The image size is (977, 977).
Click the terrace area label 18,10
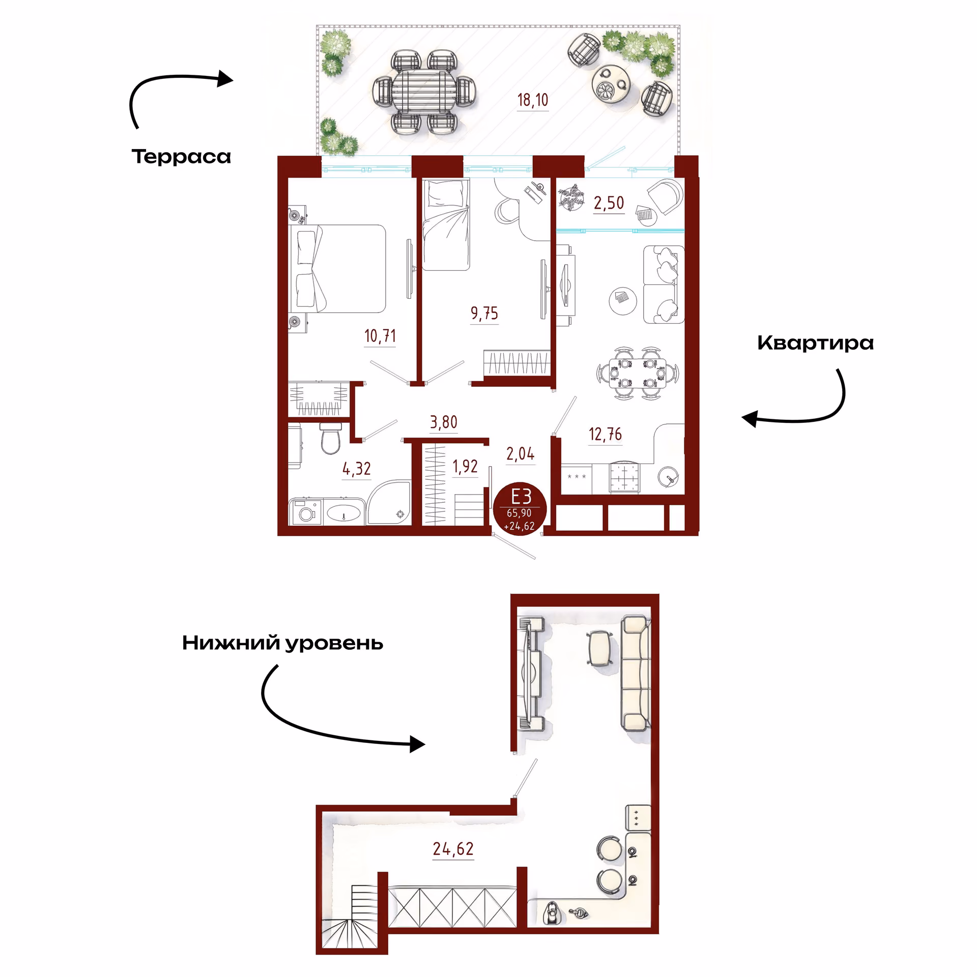(x=533, y=100)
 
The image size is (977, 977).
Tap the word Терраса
(x=181, y=157)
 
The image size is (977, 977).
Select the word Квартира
(x=815, y=343)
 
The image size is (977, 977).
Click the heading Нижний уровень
(x=282, y=643)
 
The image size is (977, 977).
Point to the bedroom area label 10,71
(x=380, y=336)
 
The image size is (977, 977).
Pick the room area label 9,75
(x=484, y=313)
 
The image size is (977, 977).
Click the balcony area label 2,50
(x=609, y=203)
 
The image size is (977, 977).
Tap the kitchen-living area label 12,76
(x=605, y=434)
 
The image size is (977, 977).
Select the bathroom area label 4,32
(x=356, y=469)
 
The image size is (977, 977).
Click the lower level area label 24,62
(x=453, y=849)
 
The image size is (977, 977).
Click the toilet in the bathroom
(x=330, y=438)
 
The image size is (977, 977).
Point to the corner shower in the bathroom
(x=389, y=503)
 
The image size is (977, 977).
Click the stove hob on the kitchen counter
(x=624, y=478)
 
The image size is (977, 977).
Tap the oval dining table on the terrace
(x=424, y=92)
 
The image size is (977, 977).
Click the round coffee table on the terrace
(x=611, y=84)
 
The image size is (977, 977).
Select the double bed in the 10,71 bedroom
(x=337, y=269)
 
